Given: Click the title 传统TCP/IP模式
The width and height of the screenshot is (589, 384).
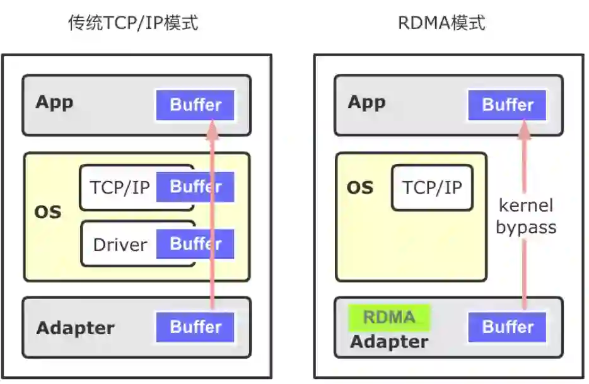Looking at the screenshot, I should [133, 23].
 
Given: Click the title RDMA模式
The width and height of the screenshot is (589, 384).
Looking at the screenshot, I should [441, 23].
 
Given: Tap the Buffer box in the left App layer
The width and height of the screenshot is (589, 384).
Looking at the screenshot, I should [195, 105].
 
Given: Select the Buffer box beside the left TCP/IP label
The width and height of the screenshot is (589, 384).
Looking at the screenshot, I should [195, 187].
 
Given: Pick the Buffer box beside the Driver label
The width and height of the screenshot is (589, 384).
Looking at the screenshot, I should [195, 244].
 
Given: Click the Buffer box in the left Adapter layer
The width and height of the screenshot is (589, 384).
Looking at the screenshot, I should [195, 327].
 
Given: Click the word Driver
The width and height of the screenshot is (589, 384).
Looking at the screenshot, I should [120, 245].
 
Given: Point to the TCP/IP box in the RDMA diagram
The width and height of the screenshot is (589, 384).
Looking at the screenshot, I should [432, 187].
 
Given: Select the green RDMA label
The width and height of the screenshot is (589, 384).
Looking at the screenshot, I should [389, 317].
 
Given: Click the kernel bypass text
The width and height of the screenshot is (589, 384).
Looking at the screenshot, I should [526, 216].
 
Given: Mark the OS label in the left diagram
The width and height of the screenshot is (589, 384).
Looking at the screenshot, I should [48, 211].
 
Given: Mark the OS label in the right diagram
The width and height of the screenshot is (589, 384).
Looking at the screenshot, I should [360, 187].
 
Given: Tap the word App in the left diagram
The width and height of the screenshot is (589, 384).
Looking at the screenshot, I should [54, 102].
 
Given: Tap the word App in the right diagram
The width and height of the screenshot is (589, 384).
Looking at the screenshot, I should [366, 102].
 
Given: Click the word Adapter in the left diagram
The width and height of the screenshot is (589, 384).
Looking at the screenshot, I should [75, 328].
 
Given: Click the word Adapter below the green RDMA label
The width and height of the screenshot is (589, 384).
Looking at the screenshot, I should [389, 342].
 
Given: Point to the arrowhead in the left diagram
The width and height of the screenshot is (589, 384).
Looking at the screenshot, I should [213, 129].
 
